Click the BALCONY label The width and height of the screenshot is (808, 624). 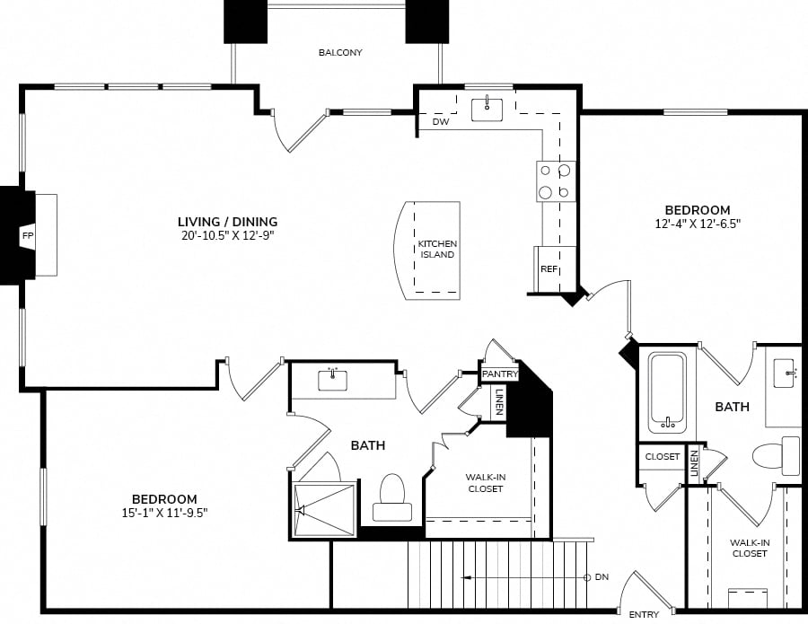340,53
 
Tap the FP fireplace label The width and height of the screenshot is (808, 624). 27,236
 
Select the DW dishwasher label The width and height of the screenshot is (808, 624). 441,122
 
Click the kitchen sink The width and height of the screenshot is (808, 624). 487,110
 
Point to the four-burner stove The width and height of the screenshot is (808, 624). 556,181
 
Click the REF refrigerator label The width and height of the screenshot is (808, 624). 549,269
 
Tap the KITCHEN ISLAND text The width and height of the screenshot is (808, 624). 437,249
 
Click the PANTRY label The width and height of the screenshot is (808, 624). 499,374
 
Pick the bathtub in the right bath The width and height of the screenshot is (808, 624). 667,392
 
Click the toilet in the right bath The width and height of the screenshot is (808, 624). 776,456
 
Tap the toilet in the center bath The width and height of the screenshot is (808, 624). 392,497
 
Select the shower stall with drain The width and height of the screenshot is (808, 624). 324,510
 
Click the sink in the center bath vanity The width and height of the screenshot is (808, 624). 332,380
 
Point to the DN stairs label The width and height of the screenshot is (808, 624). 602,577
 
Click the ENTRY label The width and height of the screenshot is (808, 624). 644,614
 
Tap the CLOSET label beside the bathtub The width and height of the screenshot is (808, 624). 663,456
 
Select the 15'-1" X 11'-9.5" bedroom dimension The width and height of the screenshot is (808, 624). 165,514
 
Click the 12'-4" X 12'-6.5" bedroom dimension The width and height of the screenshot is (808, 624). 698,224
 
